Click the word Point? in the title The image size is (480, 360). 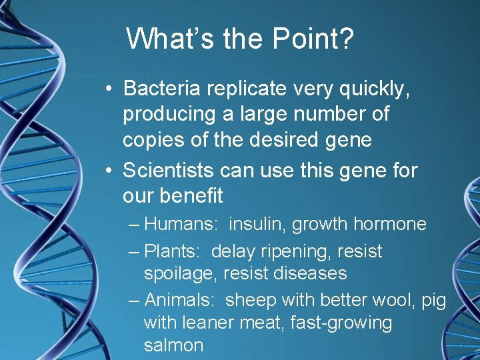point(313,39)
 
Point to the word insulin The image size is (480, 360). point(256,224)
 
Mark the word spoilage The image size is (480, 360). point(180,274)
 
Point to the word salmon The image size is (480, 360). point(173,345)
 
